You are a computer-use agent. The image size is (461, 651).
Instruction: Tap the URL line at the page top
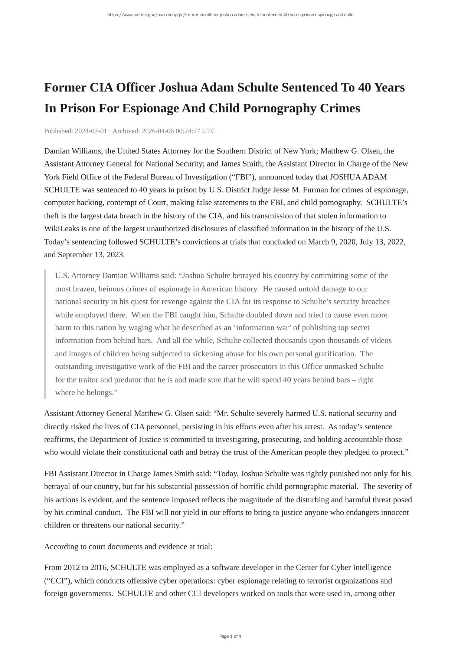tap(230, 15)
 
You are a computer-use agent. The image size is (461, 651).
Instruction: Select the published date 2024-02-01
tap(91, 131)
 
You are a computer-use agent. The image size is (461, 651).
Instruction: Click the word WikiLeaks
tap(59, 229)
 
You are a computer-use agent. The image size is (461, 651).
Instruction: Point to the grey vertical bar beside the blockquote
tap(45, 334)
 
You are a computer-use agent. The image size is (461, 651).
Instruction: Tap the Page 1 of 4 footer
tap(230, 636)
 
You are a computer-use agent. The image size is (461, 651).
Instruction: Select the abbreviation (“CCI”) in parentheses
tap(57, 581)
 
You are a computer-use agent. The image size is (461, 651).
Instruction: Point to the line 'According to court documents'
tap(128, 546)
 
